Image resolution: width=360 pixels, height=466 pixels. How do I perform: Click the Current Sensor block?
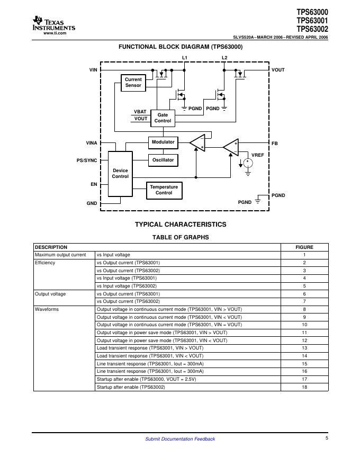tap(133, 83)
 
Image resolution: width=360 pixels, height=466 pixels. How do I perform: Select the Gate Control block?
tap(163, 118)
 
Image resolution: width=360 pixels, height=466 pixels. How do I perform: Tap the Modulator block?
tap(163, 142)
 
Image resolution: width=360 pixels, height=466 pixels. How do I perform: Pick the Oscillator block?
tap(163, 159)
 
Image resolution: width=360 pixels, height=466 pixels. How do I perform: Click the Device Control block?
tap(120, 174)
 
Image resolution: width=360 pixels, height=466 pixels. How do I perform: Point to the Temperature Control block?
tap(164, 190)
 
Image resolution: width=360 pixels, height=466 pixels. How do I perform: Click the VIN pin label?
tap(93, 70)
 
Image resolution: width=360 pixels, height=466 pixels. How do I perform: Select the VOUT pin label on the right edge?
tap(278, 70)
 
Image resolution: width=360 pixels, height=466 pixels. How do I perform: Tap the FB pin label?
tap(275, 144)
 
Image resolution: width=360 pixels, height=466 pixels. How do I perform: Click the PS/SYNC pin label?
tap(87, 160)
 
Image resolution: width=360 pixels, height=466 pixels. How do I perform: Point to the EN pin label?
tap(94, 184)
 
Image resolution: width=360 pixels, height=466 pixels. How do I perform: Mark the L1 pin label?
tap(184, 57)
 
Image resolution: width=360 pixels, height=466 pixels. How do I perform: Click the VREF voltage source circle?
tap(247, 163)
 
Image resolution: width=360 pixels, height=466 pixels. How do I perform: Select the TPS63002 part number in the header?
tap(312, 29)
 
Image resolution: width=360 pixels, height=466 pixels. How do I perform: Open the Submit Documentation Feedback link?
tap(180, 439)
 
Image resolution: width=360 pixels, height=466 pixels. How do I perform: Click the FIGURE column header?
tap(304, 247)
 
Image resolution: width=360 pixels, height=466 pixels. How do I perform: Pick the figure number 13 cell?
tap(304, 348)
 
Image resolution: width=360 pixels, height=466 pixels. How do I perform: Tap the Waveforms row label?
tap(47, 309)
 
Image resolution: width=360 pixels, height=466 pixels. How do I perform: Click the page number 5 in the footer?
tap(327, 438)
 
